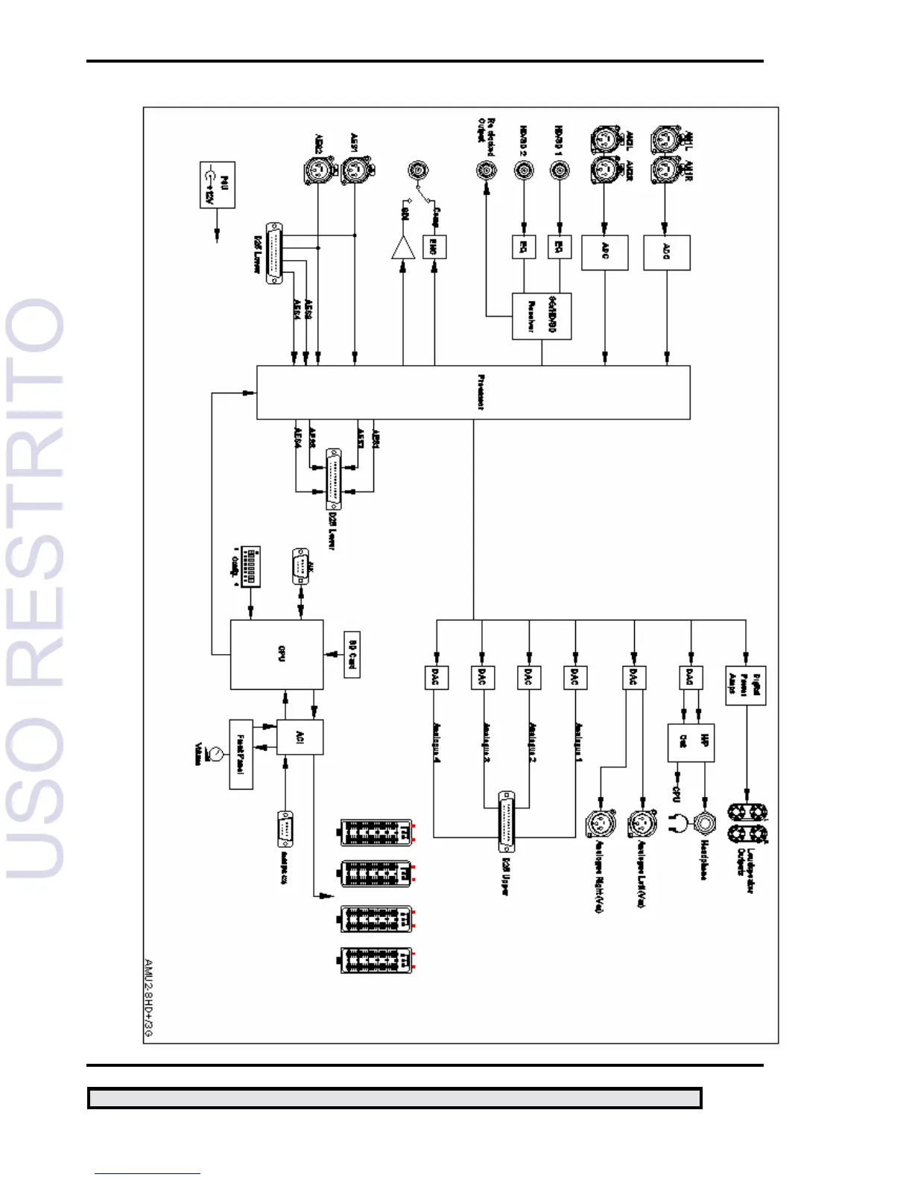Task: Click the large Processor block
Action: pyautogui.click(x=473, y=392)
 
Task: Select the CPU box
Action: pyautogui.click(x=276, y=654)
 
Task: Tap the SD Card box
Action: pyautogui.click(x=352, y=654)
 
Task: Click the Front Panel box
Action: pyautogui.click(x=241, y=754)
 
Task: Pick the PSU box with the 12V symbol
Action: pyautogui.click(x=218, y=185)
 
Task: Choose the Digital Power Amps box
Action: pyautogui.click(x=745, y=685)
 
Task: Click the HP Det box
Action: pyautogui.click(x=691, y=742)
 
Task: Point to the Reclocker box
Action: pyautogui.click(x=541, y=317)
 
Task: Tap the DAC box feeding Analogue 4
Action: pyautogui.click(x=436, y=677)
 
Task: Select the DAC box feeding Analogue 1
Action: pyautogui.click(x=574, y=677)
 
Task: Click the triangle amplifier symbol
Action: pyautogui.click(x=403, y=248)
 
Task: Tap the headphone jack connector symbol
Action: pyautogui.click(x=704, y=823)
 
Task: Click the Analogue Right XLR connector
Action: pyautogui.click(x=599, y=824)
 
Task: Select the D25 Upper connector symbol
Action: pyautogui.click(x=507, y=822)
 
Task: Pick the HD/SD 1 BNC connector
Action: pyautogui.click(x=560, y=171)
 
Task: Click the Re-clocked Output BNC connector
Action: pyautogui.click(x=487, y=171)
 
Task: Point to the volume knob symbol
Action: pyautogui.click(x=215, y=754)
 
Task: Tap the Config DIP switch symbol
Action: pyautogui.click(x=250, y=566)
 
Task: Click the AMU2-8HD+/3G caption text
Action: pyautogui.click(x=148, y=999)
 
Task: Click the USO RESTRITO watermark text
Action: pyautogui.click(x=36, y=589)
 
